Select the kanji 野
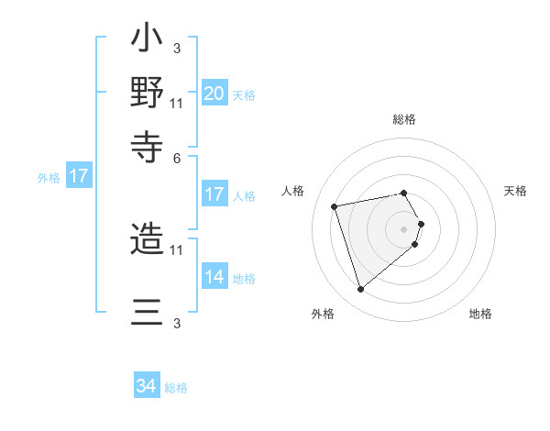click(148, 93)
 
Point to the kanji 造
click(148, 240)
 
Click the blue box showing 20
click(214, 94)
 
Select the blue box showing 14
click(214, 277)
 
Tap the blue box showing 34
click(147, 386)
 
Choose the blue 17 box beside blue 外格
click(79, 176)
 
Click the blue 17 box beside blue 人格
click(214, 194)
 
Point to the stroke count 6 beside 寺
click(177, 158)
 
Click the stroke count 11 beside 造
click(177, 249)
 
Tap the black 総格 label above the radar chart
click(404, 119)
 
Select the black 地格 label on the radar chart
click(480, 315)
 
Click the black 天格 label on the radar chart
click(515, 191)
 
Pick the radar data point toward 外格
click(360, 290)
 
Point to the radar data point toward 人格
click(335, 205)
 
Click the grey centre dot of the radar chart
click(404, 227)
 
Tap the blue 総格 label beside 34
click(176, 388)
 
